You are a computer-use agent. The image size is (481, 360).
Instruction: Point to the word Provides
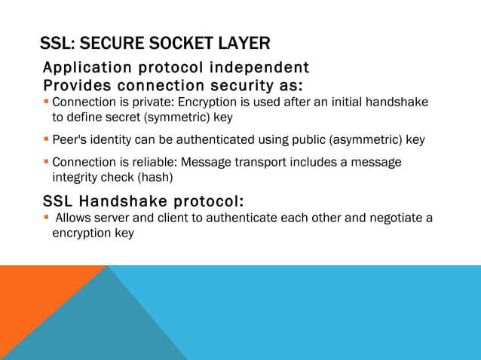click(78, 84)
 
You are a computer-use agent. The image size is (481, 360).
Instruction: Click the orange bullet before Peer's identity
click(47, 139)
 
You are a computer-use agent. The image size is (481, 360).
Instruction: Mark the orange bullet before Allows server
click(47, 218)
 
